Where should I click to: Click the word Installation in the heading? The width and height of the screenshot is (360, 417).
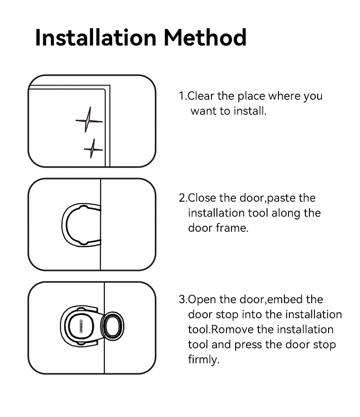[96, 37]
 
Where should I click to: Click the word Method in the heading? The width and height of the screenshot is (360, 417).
[205, 37]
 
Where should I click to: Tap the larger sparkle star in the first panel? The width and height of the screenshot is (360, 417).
[89, 120]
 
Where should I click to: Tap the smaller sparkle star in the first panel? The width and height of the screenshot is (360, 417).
[93, 149]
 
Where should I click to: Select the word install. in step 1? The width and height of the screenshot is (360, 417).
[250, 111]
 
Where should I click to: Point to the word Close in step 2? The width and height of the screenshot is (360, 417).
[201, 198]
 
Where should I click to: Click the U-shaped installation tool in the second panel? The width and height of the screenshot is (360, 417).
[64, 225]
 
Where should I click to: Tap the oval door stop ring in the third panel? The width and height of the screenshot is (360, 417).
[113, 326]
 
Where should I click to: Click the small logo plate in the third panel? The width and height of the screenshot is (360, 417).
[81, 326]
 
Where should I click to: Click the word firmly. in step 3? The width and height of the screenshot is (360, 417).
[204, 360]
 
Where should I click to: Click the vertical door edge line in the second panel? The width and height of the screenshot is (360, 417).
[101, 224]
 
